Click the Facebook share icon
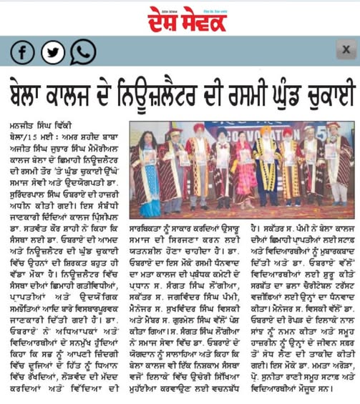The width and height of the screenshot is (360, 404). tap(22, 52)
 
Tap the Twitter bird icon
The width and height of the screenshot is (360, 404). tap(52, 52)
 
